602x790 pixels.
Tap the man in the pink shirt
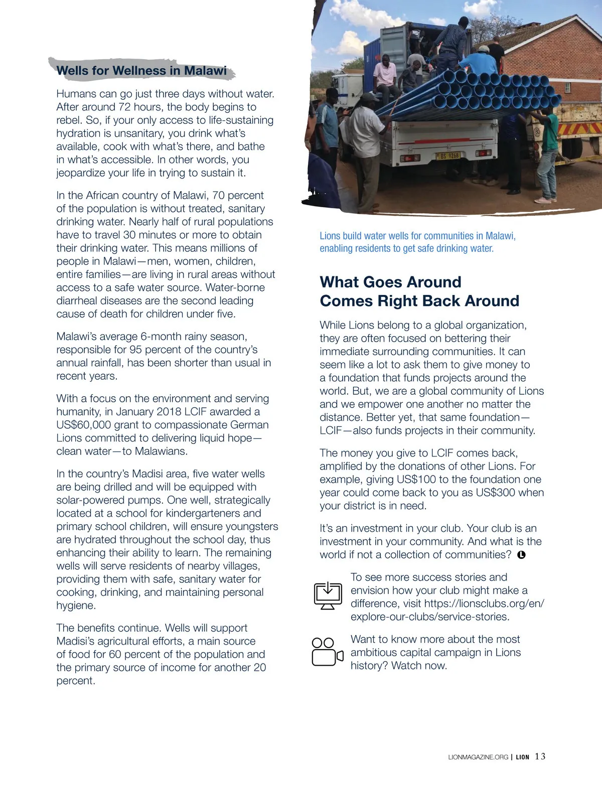385,75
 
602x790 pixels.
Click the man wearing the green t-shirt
548,150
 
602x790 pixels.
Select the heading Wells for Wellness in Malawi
141,71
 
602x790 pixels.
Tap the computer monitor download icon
328,595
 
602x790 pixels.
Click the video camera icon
327,652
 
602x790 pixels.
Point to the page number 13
540,756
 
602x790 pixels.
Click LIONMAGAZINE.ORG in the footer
478,757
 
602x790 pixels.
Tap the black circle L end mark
521,555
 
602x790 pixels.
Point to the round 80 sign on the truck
536,132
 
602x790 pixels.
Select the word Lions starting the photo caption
330,236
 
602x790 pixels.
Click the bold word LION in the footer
522,757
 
